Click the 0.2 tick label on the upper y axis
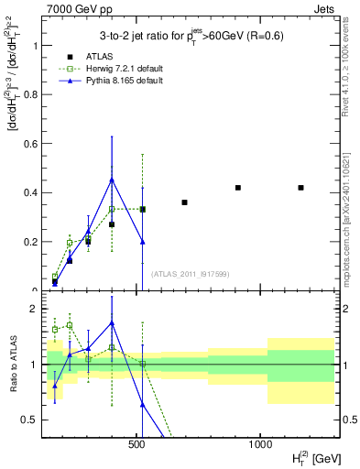31,242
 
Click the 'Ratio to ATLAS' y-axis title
12,364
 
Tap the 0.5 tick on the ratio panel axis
30,420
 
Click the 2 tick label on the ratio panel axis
34,308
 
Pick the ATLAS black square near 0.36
184,202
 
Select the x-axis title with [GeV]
311,457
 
